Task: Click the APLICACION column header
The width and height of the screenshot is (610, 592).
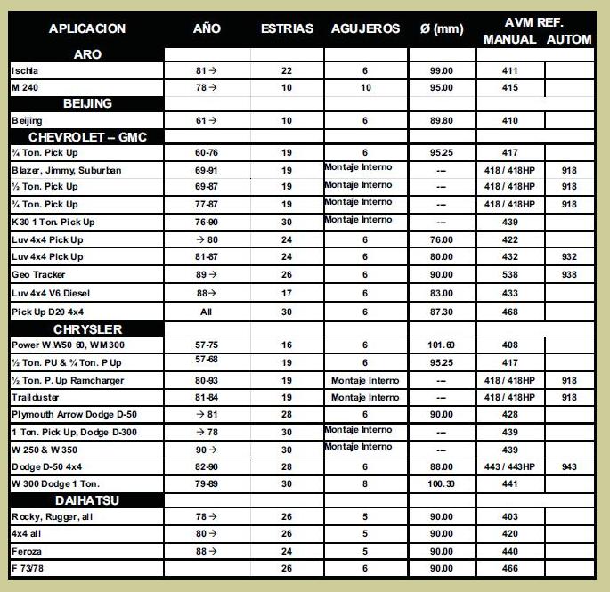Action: pos(87,28)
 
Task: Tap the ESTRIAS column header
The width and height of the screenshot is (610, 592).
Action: pos(287,28)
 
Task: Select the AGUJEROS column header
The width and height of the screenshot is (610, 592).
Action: pos(365,28)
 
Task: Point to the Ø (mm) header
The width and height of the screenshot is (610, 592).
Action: pos(442,28)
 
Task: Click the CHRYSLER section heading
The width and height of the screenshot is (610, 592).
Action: pos(87,329)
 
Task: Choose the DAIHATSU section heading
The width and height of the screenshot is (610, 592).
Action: pos(87,500)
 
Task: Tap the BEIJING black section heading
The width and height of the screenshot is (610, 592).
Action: pos(87,103)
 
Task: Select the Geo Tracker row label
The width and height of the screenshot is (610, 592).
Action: pos(38,275)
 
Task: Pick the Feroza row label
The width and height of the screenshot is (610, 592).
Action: pos(28,551)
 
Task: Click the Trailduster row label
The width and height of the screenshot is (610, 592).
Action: pos(37,397)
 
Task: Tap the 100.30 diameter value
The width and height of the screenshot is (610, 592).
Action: pos(441,483)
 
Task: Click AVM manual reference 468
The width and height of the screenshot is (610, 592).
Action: pos(509,311)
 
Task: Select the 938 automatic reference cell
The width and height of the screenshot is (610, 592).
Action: pos(570,275)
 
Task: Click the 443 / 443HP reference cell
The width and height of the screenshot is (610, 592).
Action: pos(509,466)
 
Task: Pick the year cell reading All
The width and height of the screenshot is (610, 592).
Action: pos(206,311)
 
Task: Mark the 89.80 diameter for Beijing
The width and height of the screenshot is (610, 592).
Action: pos(441,120)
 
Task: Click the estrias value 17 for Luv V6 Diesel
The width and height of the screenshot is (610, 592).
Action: pos(287,293)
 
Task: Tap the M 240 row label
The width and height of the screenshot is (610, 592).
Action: pos(24,87)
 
